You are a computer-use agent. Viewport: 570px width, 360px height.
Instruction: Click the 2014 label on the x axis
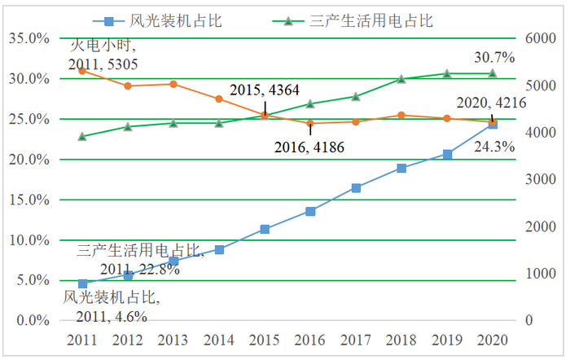219,339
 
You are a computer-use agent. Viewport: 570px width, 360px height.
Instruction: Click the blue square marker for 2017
356,188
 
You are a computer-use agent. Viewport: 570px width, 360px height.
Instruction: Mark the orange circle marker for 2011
82,71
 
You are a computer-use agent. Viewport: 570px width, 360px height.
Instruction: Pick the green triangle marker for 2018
401,79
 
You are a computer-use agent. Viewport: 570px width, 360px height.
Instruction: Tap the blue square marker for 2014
219,249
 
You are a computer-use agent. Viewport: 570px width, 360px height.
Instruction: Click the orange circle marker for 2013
173,84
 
